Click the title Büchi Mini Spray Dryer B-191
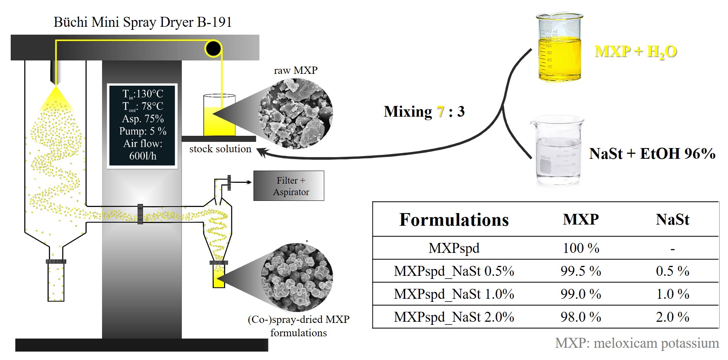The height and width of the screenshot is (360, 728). point(143,22)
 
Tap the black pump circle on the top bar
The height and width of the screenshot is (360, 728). point(213,48)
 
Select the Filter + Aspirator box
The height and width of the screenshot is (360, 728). point(289,186)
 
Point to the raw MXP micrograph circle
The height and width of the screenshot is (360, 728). point(295,114)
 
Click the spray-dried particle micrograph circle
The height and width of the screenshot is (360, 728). point(297,277)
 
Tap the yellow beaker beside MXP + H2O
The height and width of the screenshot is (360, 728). point(559,48)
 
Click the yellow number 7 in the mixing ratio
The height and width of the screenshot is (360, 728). point(440,112)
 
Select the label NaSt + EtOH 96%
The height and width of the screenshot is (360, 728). point(652,154)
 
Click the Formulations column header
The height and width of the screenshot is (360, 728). point(454,220)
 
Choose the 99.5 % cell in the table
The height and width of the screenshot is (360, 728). point(580,271)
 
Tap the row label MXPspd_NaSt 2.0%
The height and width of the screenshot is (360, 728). point(454,317)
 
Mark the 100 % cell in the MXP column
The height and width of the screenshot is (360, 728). point(580,248)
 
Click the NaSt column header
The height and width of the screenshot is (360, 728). point(672,220)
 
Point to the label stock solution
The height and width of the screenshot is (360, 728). point(220,149)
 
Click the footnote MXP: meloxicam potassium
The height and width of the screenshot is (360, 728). point(637,343)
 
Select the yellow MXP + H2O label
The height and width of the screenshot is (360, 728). point(635,51)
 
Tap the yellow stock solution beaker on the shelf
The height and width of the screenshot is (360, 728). point(219,117)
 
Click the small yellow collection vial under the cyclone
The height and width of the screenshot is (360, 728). point(219,277)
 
